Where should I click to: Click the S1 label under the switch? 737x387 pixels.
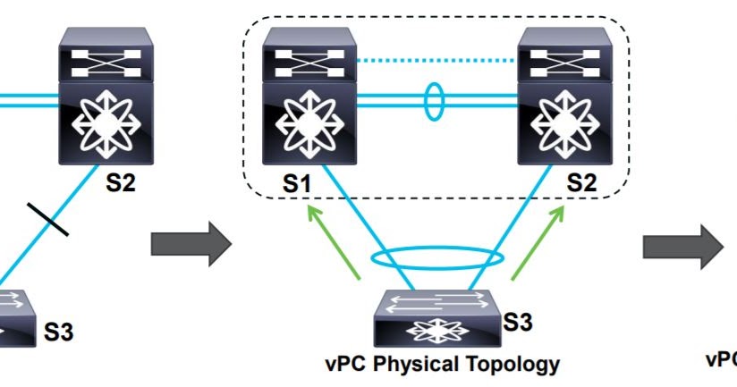point(297,184)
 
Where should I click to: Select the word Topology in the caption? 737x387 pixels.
point(519,364)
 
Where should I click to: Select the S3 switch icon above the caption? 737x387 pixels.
point(436,318)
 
